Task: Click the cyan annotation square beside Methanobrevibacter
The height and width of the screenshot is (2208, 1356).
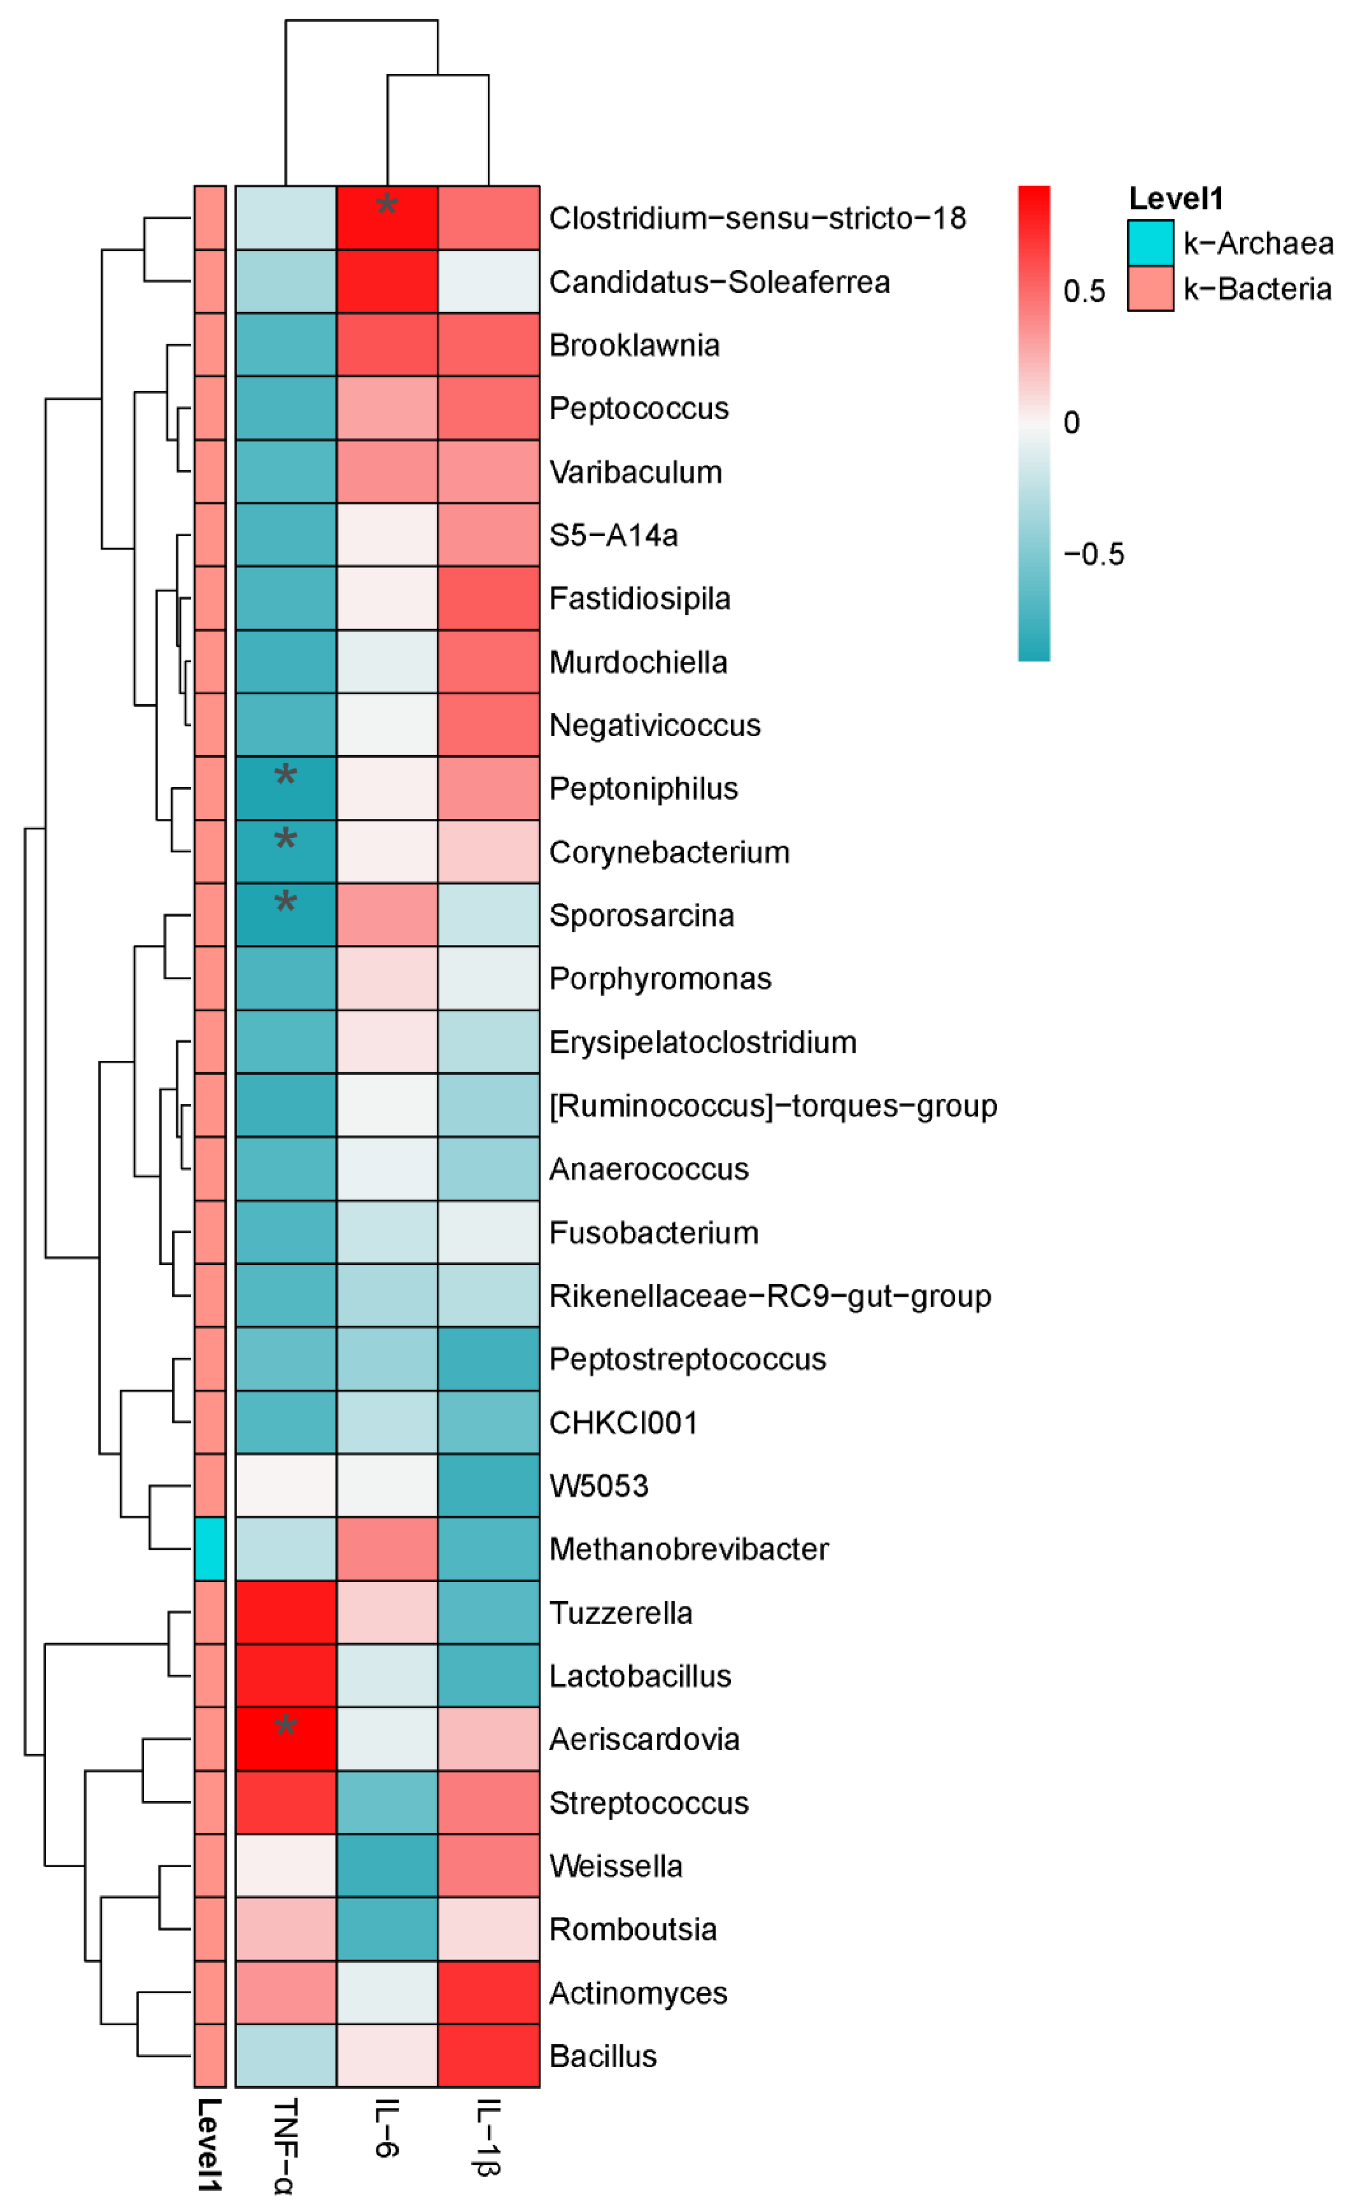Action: [210, 1549]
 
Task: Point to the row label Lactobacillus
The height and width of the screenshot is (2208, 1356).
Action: [640, 1676]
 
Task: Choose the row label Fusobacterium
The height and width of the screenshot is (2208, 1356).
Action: [654, 1233]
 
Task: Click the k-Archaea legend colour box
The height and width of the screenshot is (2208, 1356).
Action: [1151, 243]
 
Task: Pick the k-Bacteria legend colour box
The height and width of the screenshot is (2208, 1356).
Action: [1151, 289]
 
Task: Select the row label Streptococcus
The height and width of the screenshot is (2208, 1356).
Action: [649, 1803]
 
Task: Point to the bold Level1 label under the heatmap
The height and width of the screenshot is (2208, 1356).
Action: [209, 2145]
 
